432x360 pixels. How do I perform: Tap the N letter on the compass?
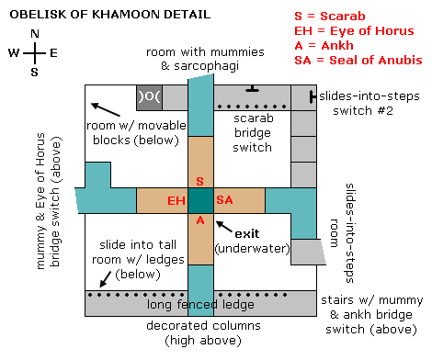[x=35, y=34]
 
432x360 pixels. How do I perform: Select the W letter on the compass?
[x=14, y=52]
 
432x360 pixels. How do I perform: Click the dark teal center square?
[x=200, y=201]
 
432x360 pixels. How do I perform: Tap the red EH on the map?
[x=176, y=200]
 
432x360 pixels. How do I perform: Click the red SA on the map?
[x=224, y=200]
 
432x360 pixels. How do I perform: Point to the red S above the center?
[x=200, y=182]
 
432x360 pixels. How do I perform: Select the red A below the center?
[x=200, y=219]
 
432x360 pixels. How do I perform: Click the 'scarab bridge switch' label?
[x=253, y=132]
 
